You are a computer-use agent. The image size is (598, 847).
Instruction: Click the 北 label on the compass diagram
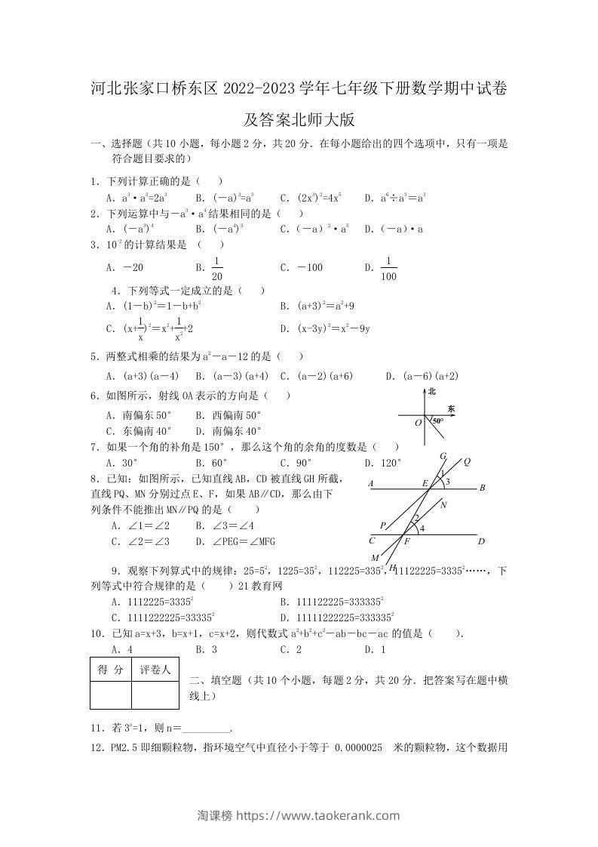click(x=432, y=391)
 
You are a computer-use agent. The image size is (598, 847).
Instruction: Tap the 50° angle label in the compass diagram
click(x=437, y=420)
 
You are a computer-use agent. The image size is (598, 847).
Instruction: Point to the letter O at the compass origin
click(x=418, y=423)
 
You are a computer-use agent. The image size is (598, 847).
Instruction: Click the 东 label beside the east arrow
click(x=451, y=408)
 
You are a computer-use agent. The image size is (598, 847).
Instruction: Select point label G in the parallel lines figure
click(x=443, y=455)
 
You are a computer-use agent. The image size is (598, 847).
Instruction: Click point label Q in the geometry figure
click(x=467, y=461)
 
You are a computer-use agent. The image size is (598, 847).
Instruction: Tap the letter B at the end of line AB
click(x=482, y=488)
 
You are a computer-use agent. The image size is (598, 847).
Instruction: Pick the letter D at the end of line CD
click(x=481, y=541)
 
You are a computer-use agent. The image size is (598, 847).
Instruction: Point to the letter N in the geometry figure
click(x=443, y=505)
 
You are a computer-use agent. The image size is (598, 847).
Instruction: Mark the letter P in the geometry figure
click(x=383, y=525)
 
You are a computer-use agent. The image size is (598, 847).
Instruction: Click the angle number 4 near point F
click(x=422, y=528)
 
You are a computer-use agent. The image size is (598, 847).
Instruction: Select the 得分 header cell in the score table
click(x=111, y=669)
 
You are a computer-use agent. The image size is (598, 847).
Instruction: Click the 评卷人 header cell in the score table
click(x=155, y=669)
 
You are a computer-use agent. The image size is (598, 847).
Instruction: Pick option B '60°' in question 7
click(x=211, y=463)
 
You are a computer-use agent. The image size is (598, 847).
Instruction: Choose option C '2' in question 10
click(x=291, y=648)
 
